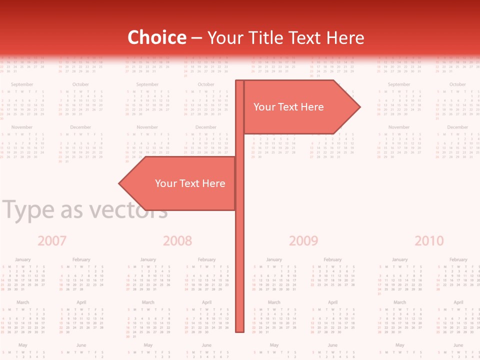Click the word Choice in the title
(156, 38)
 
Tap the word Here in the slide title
(345, 38)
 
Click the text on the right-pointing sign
(288, 107)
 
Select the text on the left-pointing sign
(190, 183)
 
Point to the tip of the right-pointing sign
(359, 106)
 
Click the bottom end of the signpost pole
(240, 330)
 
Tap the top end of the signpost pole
(240, 81)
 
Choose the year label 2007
(52, 241)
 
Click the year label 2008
(177, 241)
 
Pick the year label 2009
(303, 241)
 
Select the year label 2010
(429, 241)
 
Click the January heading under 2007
(22, 259)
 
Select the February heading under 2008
(206, 259)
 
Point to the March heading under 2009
(274, 302)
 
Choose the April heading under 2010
(458, 302)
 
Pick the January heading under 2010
(399, 259)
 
